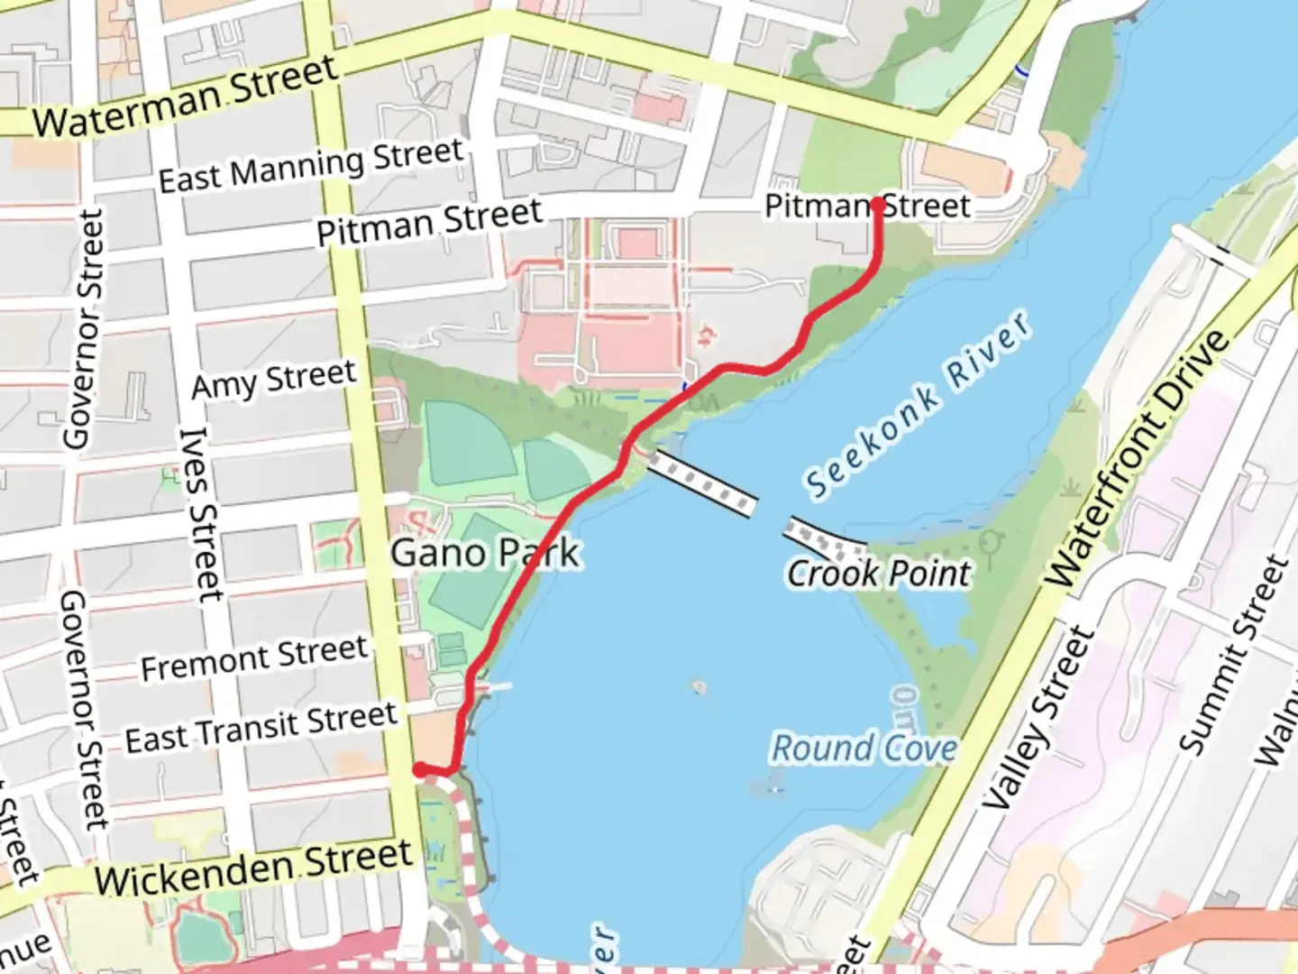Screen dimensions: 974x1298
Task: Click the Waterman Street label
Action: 186,96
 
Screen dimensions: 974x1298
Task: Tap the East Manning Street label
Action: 311,165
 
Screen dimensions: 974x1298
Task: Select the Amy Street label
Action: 274,380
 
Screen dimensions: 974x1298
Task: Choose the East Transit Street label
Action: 261,728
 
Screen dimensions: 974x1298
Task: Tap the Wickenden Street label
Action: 253,867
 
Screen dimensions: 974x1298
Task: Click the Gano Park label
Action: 485,552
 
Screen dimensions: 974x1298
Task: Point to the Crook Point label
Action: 879,574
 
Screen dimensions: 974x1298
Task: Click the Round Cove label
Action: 864,748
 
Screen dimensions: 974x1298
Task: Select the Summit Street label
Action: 1235,655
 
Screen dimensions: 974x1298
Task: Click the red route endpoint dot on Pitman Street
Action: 877,205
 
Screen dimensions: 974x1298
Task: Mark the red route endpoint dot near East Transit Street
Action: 420,769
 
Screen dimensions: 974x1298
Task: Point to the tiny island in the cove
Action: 698,687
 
